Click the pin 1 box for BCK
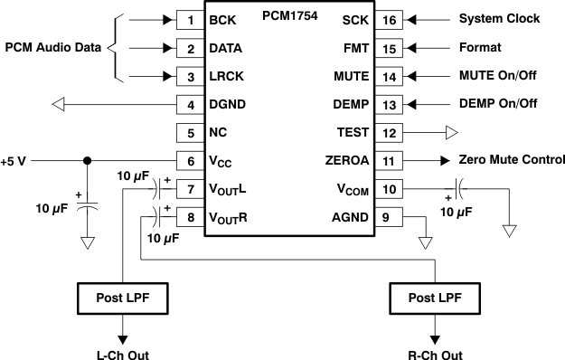point(190,19)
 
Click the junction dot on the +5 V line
point(87,161)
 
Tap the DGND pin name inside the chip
point(228,104)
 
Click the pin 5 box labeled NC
point(190,132)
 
